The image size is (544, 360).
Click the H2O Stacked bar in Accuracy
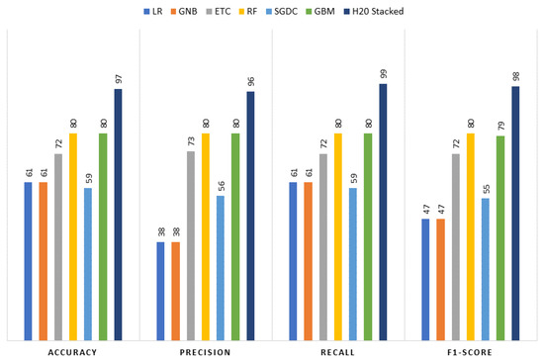click(119, 214)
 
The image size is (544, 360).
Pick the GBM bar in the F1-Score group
click(500, 236)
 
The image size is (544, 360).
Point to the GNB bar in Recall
click(309, 259)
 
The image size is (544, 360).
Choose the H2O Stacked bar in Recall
click(383, 211)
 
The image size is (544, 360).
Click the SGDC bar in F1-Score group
click(486, 267)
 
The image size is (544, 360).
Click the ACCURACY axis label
click(72, 352)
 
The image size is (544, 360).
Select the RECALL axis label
click(338, 352)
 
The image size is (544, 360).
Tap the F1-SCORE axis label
click(471, 352)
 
